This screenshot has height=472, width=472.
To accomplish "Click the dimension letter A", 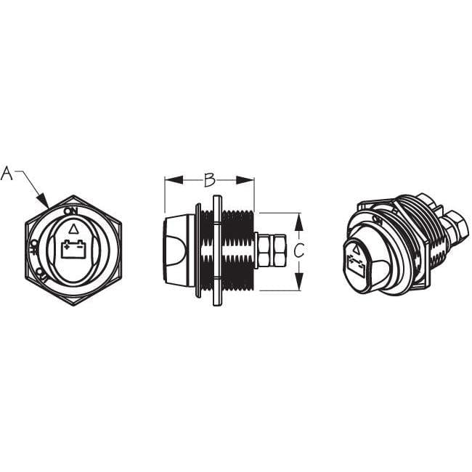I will tap(7, 174).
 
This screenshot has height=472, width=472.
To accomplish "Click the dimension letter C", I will tap(298, 251).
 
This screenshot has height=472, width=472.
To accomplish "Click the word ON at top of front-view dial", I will tap(71, 211).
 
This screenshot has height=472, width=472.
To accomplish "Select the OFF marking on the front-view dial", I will tap(33, 249).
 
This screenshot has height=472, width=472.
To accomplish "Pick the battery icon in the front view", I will tap(72, 249).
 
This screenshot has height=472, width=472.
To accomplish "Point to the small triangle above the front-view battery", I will tap(72, 229).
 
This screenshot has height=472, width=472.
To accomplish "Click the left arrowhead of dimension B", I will tap(169, 179).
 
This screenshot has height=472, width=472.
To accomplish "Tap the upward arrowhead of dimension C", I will tap(298, 218).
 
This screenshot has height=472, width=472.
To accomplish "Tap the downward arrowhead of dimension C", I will tap(298, 285).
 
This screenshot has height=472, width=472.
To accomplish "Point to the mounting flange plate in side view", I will tap(216, 251).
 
